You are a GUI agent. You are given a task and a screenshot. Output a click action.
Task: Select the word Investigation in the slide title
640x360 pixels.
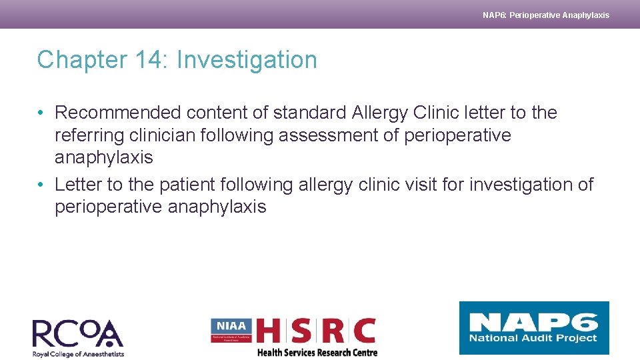[247, 60]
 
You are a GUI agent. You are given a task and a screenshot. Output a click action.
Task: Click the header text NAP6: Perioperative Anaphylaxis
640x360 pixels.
[545, 15]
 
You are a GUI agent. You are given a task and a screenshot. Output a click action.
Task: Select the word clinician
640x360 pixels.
[179, 135]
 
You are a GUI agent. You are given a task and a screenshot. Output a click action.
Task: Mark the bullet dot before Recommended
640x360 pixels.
[41, 113]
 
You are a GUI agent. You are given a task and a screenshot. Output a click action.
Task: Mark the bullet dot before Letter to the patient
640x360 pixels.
[41, 184]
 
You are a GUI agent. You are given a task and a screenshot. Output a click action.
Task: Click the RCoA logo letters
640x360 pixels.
[77, 333]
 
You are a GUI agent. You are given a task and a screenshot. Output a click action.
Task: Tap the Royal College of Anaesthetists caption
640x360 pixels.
[78, 354]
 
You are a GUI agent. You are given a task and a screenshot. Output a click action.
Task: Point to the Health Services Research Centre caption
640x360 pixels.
[317, 353]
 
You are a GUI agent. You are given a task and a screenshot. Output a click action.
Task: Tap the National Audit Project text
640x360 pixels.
[533, 339]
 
